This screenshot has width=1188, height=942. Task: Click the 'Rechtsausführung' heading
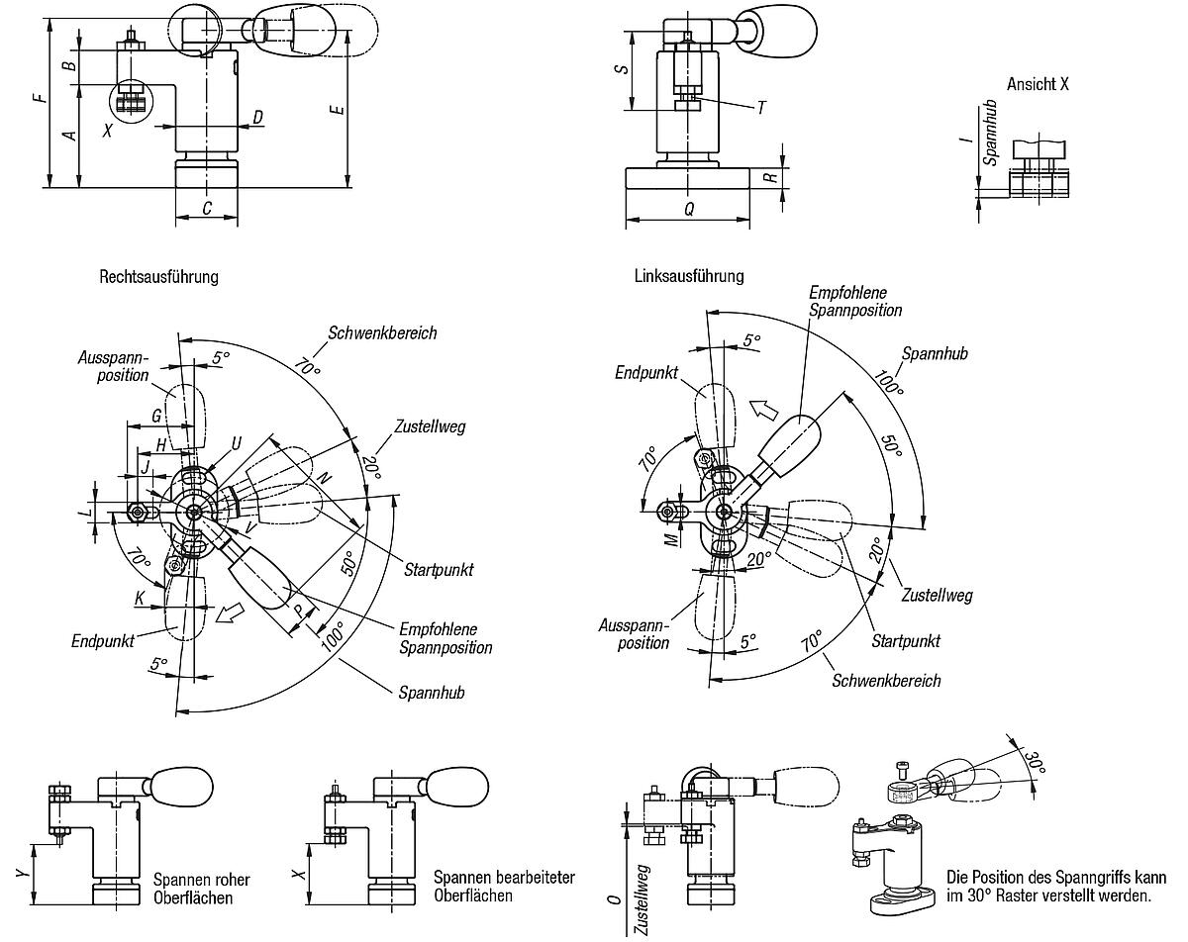[158, 277]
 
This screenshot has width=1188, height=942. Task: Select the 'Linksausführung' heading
[688, 276]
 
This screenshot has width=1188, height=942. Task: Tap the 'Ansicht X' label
[1038, 84]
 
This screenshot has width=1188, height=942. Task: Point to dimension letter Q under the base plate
[689, 209]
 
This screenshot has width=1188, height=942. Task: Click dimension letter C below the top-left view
[206, 208]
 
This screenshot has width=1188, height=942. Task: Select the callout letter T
[760, 108]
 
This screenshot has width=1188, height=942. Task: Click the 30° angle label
[1034, 764]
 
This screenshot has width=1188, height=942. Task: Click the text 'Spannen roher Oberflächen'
[201, 888]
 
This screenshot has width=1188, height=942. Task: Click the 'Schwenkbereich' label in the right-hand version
[886, 680]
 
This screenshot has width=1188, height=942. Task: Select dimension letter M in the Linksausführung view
[670, 538]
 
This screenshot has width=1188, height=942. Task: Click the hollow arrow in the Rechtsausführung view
[230, 614]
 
